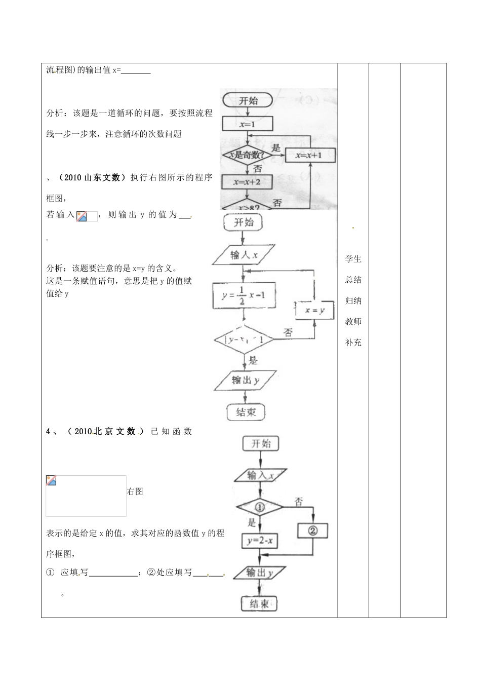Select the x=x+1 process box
(x=310, y=156)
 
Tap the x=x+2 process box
(x=247, y=181)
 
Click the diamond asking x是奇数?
(x=247, y=156)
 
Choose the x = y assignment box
(x=314, y=310)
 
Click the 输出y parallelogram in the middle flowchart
(x=245, y=380)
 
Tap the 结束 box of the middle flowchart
(x=246, y=412)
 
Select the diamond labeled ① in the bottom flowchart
(x=260, y=506)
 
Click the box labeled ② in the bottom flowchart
(x=312, y=531)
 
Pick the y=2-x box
(x=260, y=541)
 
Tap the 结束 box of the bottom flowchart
(x=259, y=603)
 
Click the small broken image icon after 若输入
(x=87, y=216)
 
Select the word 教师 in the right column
(x=353, y=321)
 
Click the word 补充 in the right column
(x=353, y=343)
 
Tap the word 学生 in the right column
(x=353, y=258)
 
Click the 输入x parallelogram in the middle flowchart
(x=244, y=255)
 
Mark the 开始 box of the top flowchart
(x=248, y=100)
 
